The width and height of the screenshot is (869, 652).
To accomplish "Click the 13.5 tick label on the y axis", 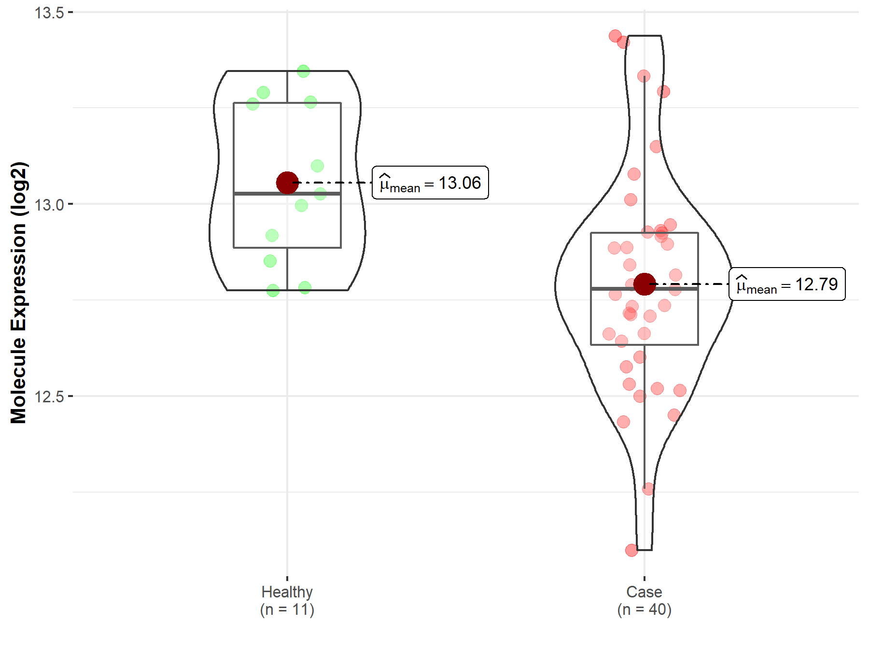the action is click(49, 13).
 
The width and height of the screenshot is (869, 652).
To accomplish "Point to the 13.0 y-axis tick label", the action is click(49, 205).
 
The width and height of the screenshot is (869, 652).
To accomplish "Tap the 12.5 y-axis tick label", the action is click(49, 397).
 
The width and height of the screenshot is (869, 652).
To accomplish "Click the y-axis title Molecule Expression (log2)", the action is click(18, 293).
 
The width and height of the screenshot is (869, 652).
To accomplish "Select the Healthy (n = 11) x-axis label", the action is click(287, 600).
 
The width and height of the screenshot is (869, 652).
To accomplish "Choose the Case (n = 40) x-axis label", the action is click(645, 600).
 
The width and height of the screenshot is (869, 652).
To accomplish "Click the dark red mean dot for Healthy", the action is click(287, 183).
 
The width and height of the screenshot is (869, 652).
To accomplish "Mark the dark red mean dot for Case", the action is click(645, 284).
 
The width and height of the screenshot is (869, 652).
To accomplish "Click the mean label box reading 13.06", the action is click(430, 183).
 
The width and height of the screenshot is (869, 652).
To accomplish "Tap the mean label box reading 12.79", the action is click(787, 284).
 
